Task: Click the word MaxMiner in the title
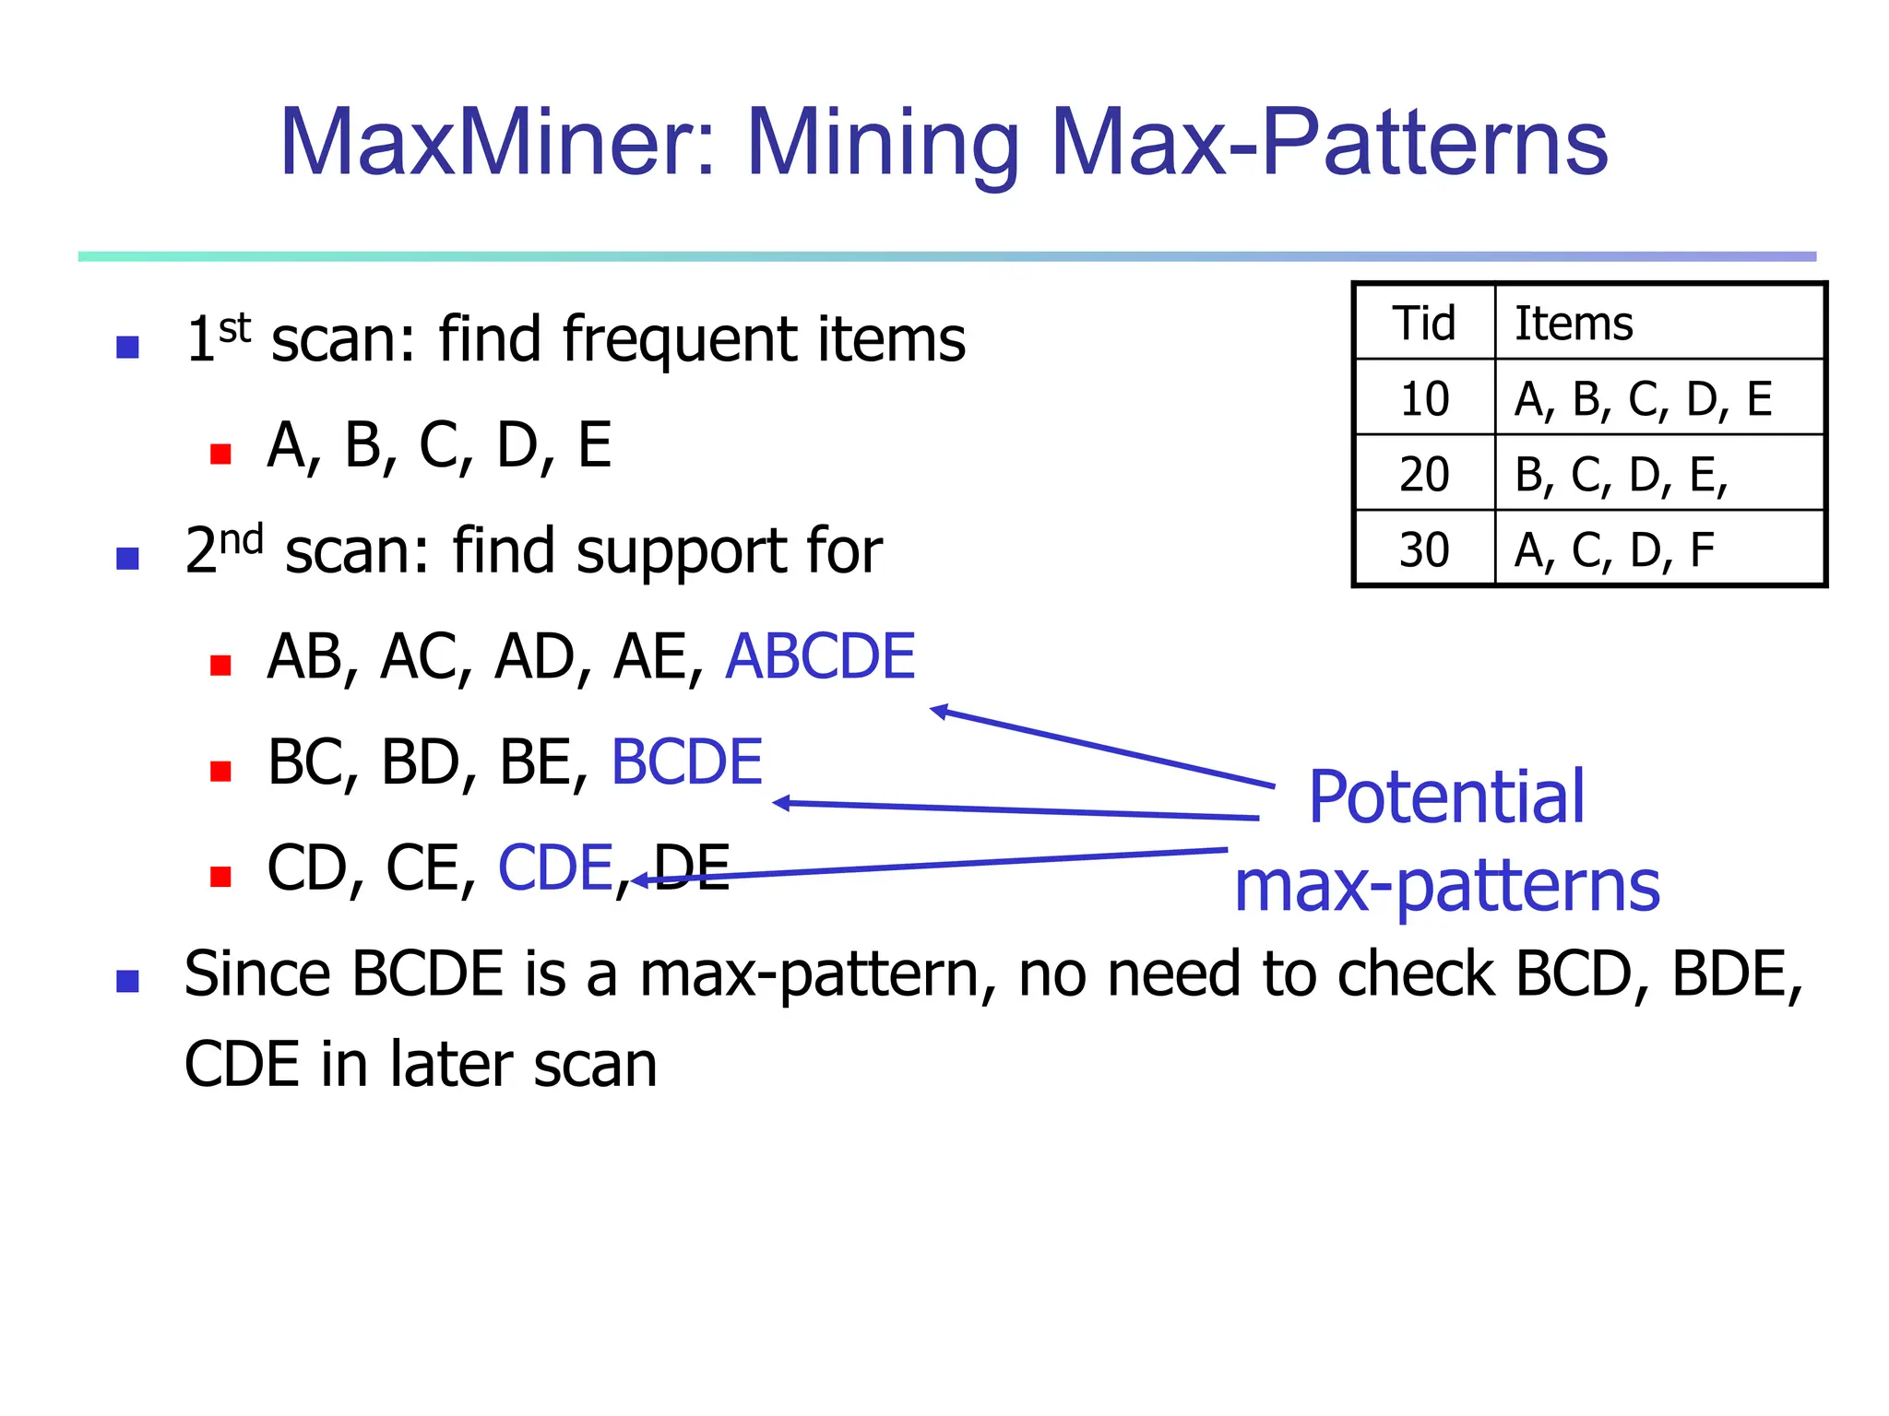[497, 143]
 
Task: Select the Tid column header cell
[1424, 324]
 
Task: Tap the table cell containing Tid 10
[1424, 399]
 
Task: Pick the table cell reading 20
[1424, 475]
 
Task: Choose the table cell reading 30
[1424, 550]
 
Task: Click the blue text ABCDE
[820, 657]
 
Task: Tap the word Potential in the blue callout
[1446, 796]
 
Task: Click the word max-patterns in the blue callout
[1446, 886]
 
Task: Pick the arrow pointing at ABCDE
[1102, 748]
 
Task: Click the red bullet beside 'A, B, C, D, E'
[220, 454]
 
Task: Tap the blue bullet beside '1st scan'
[127, 348]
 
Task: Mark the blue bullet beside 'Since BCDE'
[127, 981]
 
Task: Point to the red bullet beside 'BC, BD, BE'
[220, 771]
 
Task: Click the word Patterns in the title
[1466, 143]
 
